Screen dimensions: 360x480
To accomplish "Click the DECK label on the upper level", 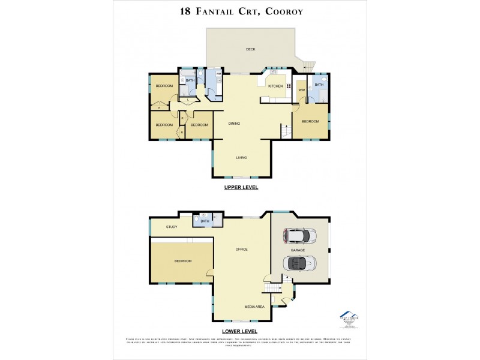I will [250, 49].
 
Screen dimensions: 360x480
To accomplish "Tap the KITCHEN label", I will [275, 86].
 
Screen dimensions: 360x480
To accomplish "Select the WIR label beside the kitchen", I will [301, 91].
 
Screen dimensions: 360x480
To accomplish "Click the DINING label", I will [235, 124].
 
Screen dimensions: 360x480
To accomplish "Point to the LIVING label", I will [241, 158].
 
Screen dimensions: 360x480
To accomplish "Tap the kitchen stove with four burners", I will [289, 86].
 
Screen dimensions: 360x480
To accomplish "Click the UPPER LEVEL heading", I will [241, 188].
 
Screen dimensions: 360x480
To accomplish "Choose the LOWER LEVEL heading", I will [241, 331].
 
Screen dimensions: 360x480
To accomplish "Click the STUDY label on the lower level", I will [172, 227].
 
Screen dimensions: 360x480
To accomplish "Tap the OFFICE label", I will [242, 249].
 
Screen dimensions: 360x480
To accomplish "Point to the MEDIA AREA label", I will [254, 307].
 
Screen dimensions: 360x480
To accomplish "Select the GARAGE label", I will [298, 250].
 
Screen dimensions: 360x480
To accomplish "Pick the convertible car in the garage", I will [301, 263].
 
